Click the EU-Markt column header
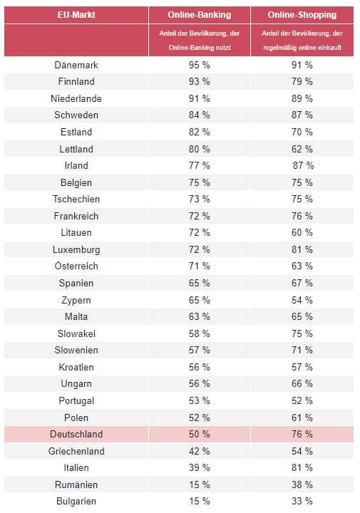tap(76, 15)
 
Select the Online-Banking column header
tap(200, 15)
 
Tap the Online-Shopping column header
tap(302, 15)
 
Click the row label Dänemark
tap(76, 65)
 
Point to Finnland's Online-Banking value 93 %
tap(200, 81)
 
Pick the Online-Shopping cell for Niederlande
tap(302, 98)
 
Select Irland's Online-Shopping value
tap(304, 165)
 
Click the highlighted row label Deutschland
tap(76, 434)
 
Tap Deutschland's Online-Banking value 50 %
tap(200, 434)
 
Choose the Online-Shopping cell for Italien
tap(302, 467)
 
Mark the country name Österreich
tap(76, 266)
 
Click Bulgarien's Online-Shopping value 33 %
tap(302, 501)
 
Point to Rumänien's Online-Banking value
tap(200, 484)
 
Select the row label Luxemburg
tap(76, 249)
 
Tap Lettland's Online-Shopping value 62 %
tap(302, 149)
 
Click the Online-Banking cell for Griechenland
tap(200, 451)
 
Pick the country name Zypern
tap(76, 301)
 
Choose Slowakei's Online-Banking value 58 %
tap(200, 333)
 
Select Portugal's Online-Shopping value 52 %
tap(302, 400)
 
